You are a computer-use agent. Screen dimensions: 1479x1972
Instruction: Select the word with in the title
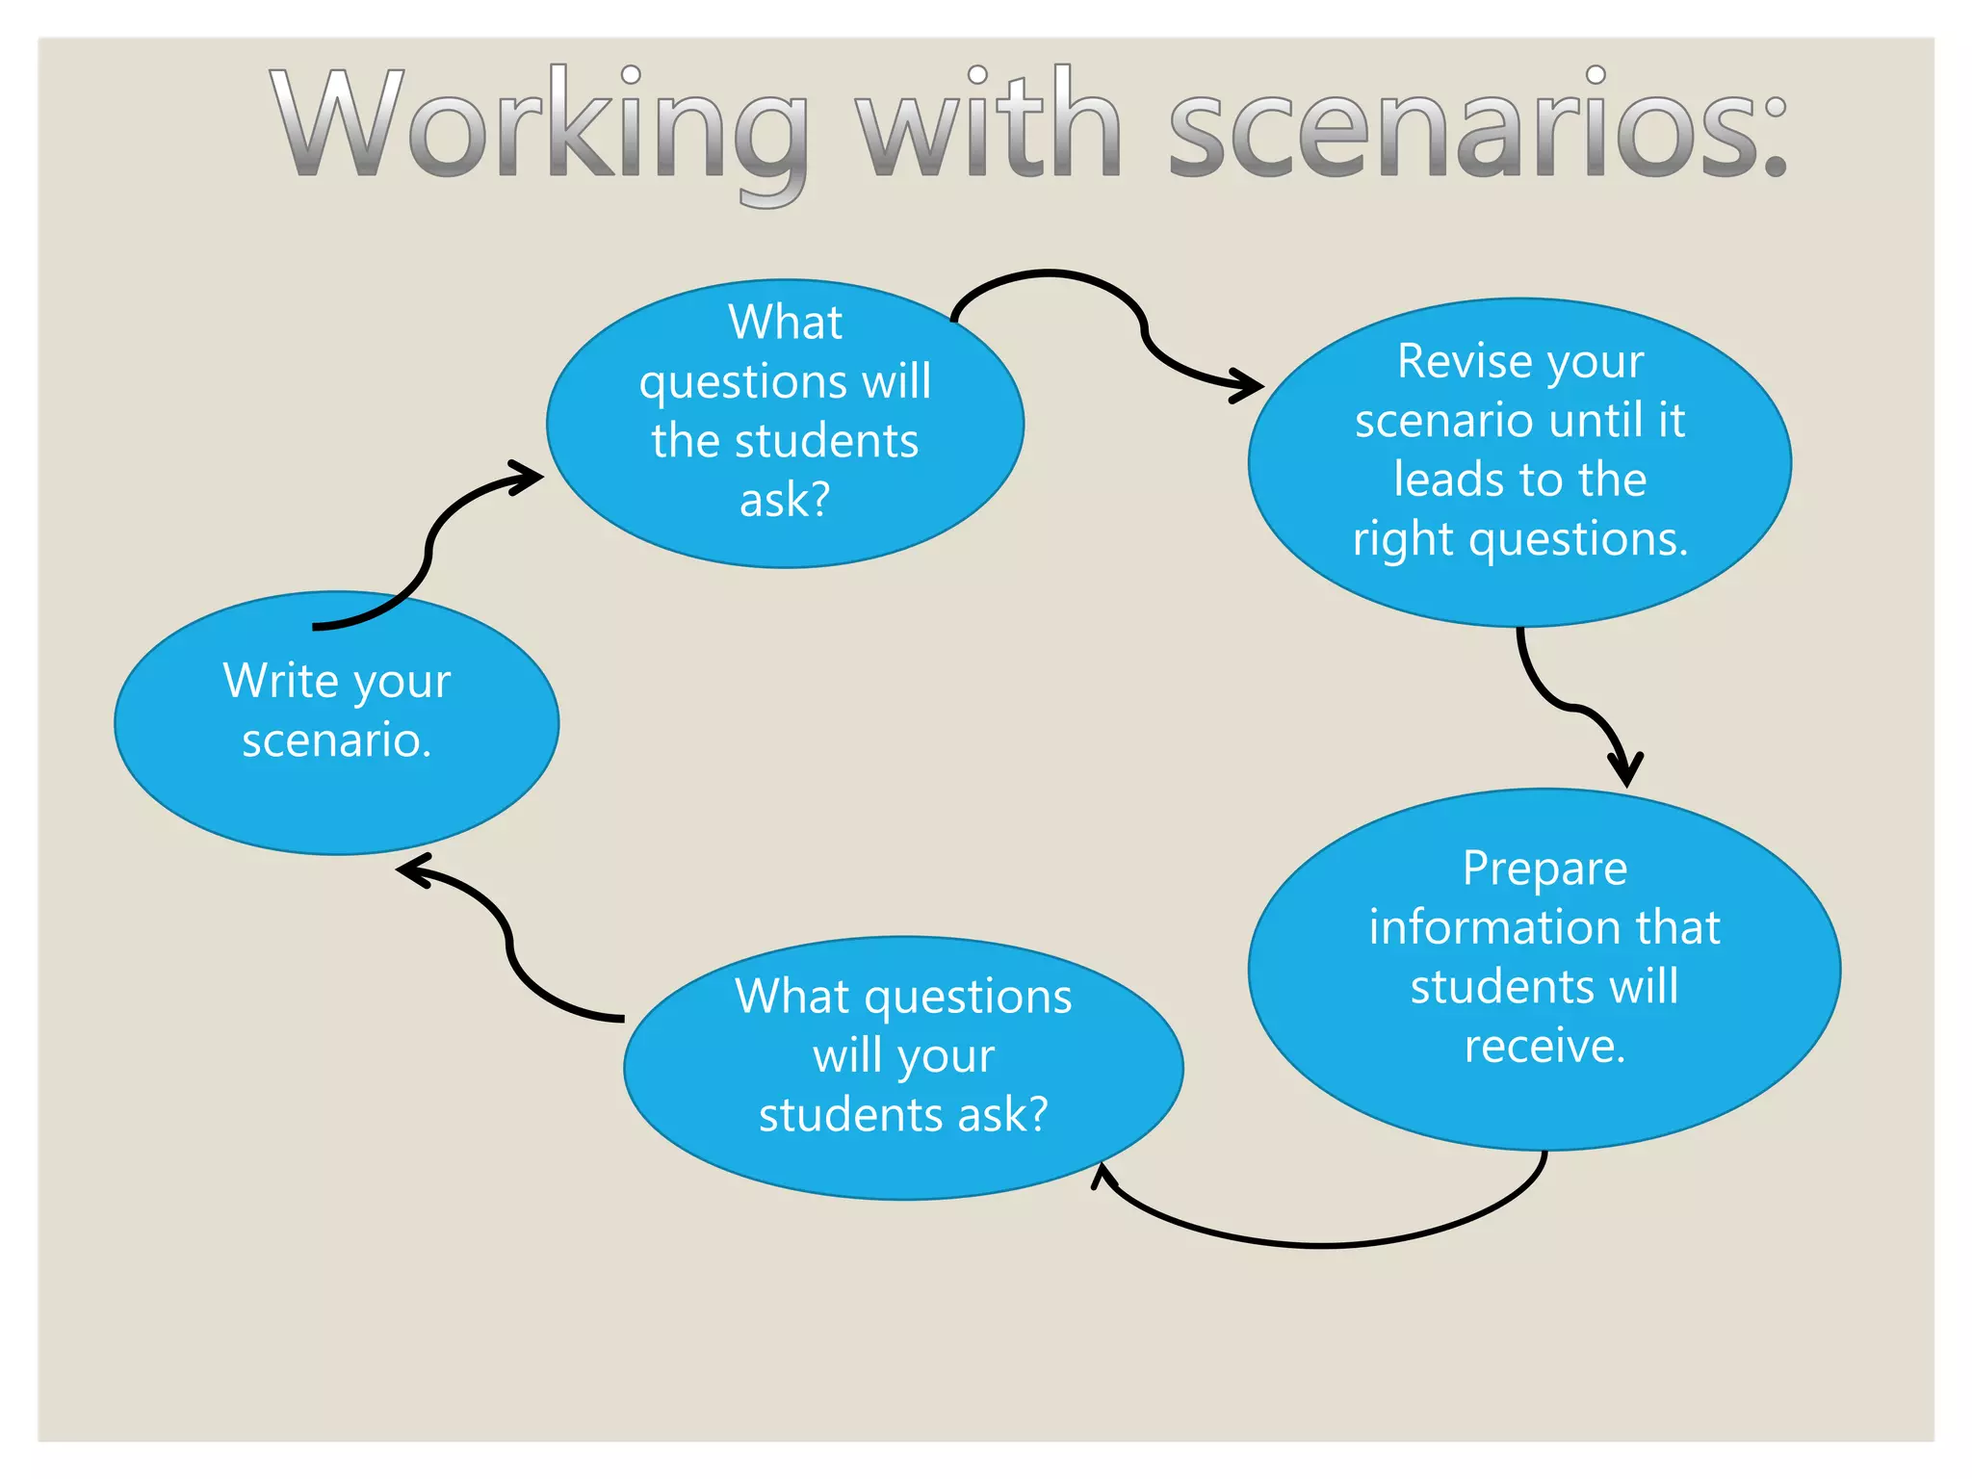click(x=992, y=125)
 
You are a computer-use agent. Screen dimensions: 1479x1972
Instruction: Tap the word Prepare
click(x=1544, y=869)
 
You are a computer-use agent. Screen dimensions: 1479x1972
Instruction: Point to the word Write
click(x=280, y=681)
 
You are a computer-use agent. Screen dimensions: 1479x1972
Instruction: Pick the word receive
click(x=1544, y=1047)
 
